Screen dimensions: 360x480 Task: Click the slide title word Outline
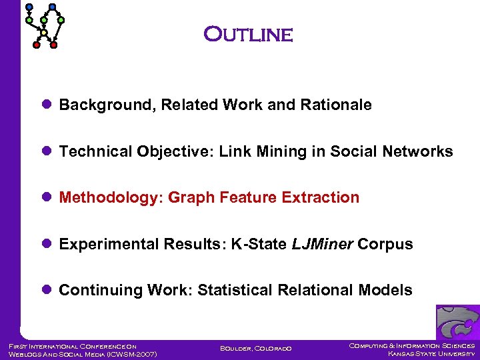pos(248,34)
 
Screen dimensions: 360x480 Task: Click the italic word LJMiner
pos(322,244)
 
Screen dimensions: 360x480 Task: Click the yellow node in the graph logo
pos(44,32)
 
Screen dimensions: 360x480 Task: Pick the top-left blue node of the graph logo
pos(29,7)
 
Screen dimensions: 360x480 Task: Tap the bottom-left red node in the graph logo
pos(37,45)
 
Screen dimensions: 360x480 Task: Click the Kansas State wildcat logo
pos(457,322)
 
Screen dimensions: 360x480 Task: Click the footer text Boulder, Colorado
pos(255,349)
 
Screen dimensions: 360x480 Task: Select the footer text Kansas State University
pos(431,354)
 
